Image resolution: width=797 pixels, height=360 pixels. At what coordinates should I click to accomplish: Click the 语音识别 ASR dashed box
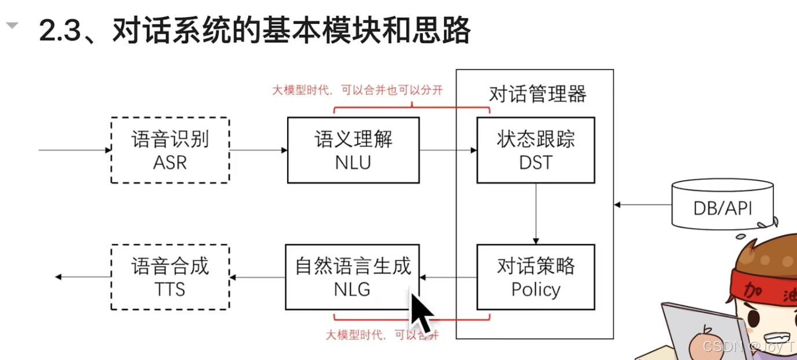point(170,150)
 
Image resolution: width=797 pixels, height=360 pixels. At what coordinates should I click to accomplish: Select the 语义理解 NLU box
point(353,150)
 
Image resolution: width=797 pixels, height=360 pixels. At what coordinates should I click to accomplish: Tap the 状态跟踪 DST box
point(535,150)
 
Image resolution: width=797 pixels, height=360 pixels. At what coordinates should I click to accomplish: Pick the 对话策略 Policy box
point(535,277)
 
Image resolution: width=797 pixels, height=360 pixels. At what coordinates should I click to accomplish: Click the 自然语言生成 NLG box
point(352,277)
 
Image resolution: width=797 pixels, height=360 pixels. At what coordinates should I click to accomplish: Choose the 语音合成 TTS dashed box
point(170,277)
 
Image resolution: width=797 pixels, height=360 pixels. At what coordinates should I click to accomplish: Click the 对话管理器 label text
point(538,93)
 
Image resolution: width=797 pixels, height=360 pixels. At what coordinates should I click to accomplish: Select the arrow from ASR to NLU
point(258,150)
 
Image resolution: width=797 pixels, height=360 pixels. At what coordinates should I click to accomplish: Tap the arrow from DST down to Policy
point(536,214)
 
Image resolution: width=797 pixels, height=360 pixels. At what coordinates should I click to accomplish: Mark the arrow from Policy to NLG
point(449,277)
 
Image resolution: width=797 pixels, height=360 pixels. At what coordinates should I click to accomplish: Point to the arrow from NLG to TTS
point(258,277)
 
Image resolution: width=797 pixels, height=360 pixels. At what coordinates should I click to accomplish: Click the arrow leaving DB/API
point(642,204)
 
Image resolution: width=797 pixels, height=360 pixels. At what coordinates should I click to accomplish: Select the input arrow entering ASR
point(75,150)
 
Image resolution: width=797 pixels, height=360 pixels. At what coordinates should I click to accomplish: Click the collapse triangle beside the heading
point(12,26)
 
